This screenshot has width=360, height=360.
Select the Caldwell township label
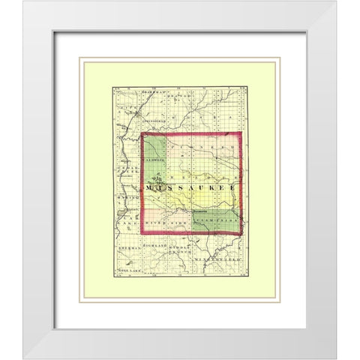tap(154, 159)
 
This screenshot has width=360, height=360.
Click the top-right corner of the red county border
tap(240, 133)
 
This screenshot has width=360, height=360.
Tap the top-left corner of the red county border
tap(142, 135)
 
